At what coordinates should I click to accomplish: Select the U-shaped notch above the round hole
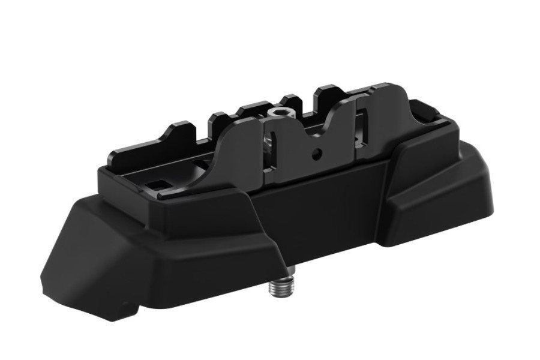(x=316, y=133)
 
